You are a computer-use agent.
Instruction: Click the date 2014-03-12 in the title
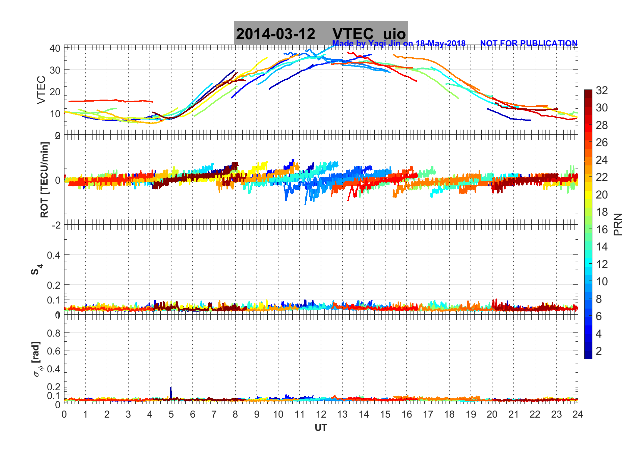(275, 34)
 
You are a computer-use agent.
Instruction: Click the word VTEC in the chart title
(353, 34)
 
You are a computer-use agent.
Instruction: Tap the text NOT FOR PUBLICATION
(529, 44)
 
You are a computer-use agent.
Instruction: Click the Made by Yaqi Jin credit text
(399, 44)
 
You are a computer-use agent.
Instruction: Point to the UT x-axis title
(321, 428)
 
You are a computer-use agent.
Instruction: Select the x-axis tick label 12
(321, 415)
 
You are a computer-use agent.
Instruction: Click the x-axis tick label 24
(578, 415)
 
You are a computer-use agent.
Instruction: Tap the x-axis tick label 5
(171, 415)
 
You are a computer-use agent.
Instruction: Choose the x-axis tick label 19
(471, 415)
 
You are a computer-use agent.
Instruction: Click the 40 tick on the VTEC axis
(55, 48)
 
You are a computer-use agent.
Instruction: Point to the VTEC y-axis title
(41, 90)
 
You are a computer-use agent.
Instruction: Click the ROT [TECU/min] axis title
(44, 180)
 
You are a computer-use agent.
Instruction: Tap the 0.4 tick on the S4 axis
(54, 255)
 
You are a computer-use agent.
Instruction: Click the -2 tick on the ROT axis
(56, 225)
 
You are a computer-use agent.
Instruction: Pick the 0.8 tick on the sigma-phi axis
(54, 333)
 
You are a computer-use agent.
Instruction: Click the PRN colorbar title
(618, 224)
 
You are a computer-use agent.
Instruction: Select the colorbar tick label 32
(602, 90)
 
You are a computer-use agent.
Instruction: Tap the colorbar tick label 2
(599, 351)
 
